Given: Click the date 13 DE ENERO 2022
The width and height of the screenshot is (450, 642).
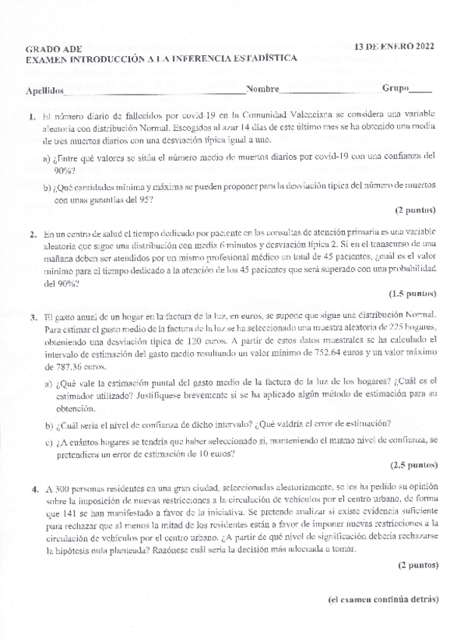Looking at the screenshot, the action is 395,46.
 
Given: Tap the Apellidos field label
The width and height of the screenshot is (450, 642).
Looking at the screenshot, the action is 44,90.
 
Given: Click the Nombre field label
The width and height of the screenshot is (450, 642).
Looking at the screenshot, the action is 262,89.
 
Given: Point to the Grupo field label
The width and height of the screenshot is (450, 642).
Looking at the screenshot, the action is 396,89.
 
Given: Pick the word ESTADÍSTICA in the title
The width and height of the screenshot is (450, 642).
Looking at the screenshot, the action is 262,58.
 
